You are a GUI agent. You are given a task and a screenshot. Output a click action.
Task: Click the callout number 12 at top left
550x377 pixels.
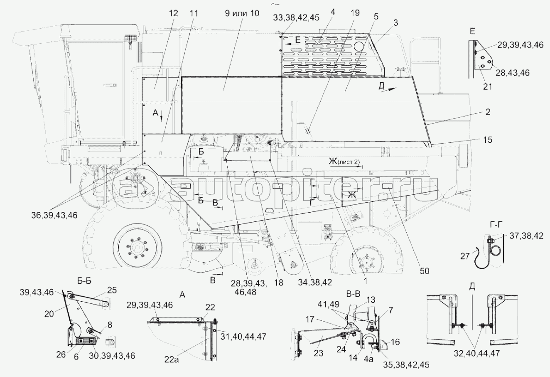click(173, 13)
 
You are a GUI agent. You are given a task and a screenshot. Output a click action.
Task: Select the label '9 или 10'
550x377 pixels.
click(242, 13)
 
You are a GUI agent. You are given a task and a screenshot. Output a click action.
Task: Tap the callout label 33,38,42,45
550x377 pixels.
click(296, 17)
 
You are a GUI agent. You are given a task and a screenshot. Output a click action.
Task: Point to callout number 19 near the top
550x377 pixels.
click(355, 13)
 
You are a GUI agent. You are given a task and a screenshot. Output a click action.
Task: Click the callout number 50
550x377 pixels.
click(425, 271)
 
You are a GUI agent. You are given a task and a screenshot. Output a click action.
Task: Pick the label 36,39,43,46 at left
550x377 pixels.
click(54, 215)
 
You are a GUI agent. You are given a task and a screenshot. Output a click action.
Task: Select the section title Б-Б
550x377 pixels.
click(84, 281)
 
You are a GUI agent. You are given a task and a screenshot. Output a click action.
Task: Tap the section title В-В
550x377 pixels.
click(353, 294)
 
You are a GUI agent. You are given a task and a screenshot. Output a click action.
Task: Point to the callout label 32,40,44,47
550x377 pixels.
click(476, 353)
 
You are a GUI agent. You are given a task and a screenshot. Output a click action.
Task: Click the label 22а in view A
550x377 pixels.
click(172, 360)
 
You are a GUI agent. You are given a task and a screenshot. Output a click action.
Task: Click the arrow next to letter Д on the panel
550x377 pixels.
click(389, 89)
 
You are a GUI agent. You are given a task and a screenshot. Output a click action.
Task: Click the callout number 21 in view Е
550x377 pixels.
click(487, 87)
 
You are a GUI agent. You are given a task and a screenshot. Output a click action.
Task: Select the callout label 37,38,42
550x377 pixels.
click(526, 236)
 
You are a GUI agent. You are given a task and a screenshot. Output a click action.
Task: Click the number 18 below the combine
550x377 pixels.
click(279, 283)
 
